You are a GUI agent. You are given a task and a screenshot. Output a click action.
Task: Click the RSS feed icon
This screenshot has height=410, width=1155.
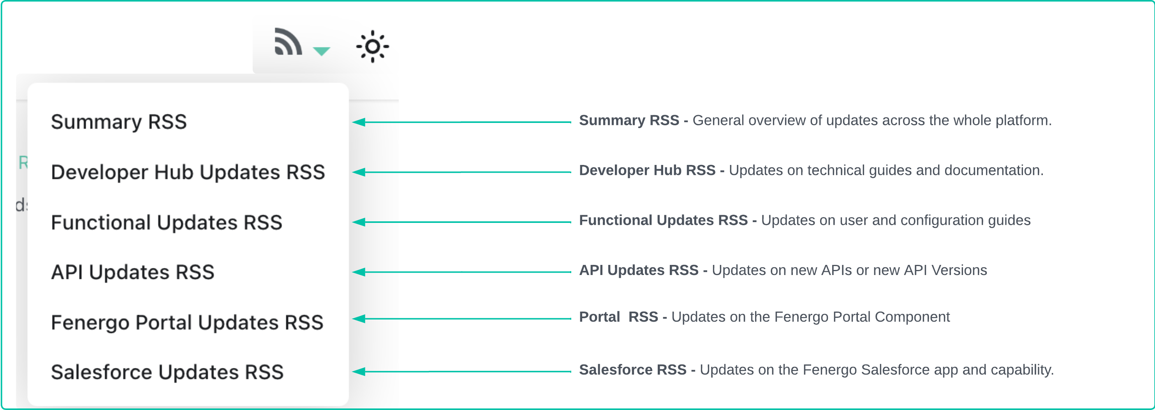[287, 42]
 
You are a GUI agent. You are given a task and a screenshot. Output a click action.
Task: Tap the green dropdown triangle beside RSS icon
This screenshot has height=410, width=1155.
[321, 51]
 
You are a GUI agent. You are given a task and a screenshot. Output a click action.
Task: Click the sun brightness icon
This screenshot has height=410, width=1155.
[372, 47]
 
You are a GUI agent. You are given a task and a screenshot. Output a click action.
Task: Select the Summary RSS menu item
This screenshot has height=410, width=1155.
[119, 122]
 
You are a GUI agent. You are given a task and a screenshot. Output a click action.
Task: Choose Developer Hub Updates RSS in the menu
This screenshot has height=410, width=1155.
[188, 172]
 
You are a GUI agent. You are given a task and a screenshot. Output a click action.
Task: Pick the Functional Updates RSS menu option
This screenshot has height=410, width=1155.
[166, 222]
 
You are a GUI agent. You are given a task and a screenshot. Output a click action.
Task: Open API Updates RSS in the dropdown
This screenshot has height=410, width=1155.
[133, 272]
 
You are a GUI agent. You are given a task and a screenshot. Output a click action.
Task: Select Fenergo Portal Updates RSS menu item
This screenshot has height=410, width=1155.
[187, 322]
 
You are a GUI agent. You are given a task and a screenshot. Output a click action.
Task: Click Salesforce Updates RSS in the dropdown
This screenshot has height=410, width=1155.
[167, 372]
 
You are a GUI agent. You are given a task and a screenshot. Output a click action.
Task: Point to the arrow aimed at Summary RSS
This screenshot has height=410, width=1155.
[461, 122]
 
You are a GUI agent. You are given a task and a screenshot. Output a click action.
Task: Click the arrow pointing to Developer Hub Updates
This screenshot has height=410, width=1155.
[461, 172]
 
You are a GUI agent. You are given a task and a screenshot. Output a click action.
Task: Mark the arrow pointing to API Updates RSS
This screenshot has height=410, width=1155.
[461, 272]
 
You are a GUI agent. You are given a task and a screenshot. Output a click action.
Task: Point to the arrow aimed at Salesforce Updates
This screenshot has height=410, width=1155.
[461, 371]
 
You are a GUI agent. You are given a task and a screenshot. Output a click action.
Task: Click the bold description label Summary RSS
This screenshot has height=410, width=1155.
[629, 121]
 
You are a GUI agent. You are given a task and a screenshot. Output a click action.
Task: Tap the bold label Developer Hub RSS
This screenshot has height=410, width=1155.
[647, 171]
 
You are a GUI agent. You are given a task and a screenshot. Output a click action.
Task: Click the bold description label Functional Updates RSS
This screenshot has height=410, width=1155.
[663, 221]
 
